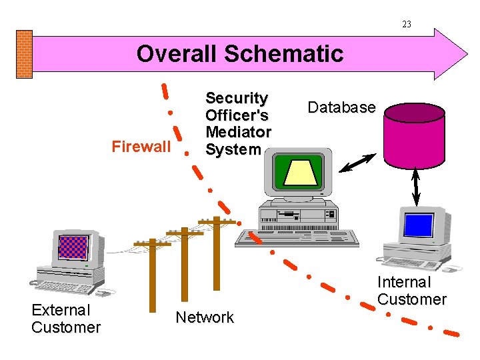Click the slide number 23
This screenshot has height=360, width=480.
(407, 25)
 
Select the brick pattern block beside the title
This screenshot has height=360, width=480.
(24, 54)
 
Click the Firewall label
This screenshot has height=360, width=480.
(141, 147)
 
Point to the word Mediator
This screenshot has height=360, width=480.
(238, 132)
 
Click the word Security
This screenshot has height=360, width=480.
(237, 98)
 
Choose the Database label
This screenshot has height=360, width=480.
(341, 107)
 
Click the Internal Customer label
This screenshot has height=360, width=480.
(411, 291)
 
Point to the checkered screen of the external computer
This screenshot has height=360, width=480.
(73, 247)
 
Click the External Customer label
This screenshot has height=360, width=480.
(65, 319)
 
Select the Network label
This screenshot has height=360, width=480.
(205, 317)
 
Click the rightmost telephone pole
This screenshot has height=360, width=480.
(216, 244)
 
